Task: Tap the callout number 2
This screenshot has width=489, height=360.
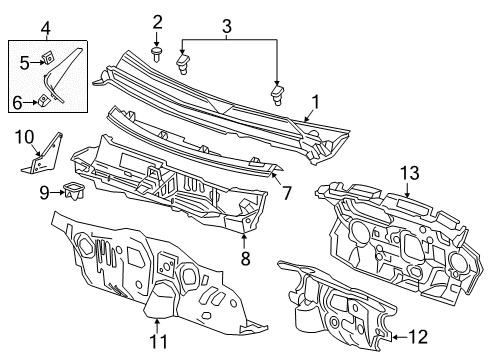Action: [x=157, y=22]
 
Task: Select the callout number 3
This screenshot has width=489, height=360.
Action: [x=227, y=23]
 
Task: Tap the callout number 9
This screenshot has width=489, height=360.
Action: [x=44, y=191]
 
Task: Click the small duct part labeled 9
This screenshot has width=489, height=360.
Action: [x=72, y=190]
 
